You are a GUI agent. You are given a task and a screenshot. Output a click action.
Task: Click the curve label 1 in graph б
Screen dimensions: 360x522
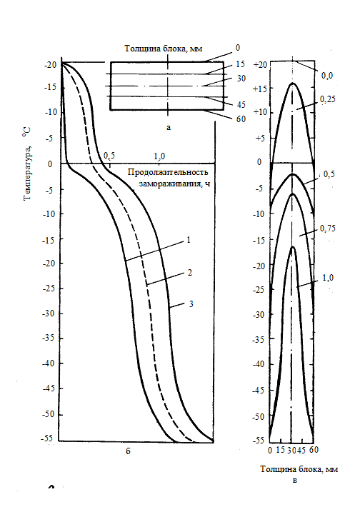[x=189, y=240]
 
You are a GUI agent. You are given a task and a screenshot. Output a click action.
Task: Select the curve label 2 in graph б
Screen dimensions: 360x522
[x=190, y=273]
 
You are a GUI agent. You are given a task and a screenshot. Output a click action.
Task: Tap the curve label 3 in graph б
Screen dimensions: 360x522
[x=191, y=304]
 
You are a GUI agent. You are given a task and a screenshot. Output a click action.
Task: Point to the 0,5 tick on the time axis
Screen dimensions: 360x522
[x=109, y=156]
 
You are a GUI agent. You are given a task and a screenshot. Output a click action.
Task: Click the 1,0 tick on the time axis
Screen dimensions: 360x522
[x=159, y=156]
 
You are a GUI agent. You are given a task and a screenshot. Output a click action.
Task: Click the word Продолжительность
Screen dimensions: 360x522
[x=168, y=172]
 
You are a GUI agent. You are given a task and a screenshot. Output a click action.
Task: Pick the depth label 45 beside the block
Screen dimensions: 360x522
[x=241, y=104]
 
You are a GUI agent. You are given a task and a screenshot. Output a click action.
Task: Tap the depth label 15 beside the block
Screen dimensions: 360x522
[x=241, y=64]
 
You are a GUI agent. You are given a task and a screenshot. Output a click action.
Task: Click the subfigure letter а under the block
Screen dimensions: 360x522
[x=169, y=127]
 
